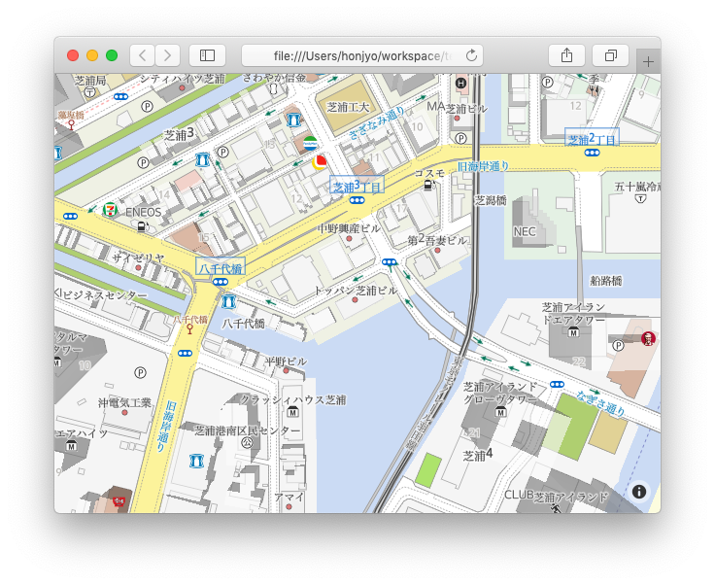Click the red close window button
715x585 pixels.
pos(73,55)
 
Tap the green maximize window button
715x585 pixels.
pos(112,55)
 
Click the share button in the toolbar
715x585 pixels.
pos(566,55)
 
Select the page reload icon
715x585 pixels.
pos(471,55)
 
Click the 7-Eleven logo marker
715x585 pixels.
pos(112,209)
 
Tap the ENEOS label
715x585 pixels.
pos(144,211)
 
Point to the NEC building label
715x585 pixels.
pos(525,231)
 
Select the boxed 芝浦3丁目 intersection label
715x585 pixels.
pos(357,186)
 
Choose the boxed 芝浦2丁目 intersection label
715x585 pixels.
pos(593,139)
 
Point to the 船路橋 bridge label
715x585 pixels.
pos(605,281)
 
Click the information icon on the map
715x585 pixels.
pos(639,492)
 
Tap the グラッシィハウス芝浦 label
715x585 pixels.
pos(292,399)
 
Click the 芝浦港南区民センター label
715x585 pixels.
pos(248,430)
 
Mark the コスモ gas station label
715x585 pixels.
pos(429,173)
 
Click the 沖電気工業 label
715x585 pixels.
pos(124,402)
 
